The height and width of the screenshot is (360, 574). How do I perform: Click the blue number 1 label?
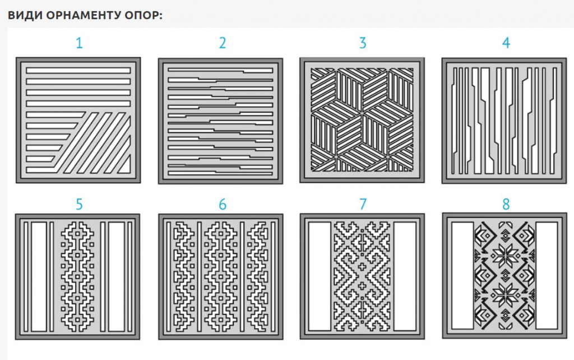coord(79,43)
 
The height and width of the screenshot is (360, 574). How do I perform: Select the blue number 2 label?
coord(222,43)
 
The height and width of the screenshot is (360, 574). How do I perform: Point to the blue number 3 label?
coord(363,43)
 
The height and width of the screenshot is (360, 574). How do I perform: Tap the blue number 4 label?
coord(506,43)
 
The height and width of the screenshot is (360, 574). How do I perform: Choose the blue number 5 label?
coord(79,204)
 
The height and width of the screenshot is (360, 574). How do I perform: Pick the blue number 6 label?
coord(222,204)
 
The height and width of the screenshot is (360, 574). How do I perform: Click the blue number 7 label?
coord(363,204)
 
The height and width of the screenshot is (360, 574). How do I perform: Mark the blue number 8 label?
coord(506,204)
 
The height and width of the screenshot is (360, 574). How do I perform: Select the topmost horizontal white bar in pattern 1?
coord(78,70)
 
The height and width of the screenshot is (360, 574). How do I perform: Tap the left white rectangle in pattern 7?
coord(320,276)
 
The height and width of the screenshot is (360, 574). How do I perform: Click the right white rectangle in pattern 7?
coord(405,276)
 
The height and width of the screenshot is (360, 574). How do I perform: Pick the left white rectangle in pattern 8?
coord(462,275)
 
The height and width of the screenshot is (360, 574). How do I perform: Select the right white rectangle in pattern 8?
coord(547,275)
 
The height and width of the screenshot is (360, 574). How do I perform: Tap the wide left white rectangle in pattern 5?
coord(39,276)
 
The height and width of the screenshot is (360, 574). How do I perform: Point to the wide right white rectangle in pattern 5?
coord(117,276)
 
